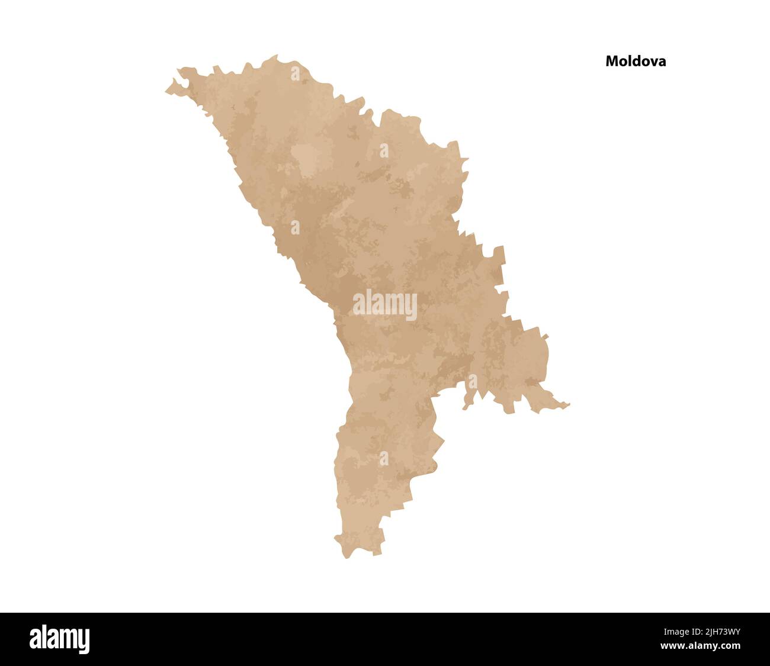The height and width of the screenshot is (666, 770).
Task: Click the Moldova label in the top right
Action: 635,61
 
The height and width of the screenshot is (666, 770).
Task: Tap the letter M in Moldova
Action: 611,61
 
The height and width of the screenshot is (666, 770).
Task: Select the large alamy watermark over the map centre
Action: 385,305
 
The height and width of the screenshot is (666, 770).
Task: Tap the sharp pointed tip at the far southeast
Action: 569,405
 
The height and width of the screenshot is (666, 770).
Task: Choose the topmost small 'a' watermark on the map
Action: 295,73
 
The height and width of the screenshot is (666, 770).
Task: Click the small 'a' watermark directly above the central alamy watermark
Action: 384,150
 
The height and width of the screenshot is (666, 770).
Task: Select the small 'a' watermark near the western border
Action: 295,227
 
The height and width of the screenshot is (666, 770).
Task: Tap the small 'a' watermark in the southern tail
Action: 384,458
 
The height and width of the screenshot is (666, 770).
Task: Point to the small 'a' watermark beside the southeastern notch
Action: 472,382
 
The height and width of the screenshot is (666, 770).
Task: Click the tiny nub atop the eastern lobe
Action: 544,336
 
